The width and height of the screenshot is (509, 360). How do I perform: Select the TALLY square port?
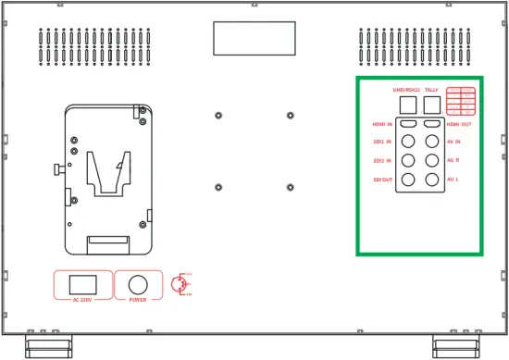pos(431,104)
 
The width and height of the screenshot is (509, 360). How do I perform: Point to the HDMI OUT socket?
pos(431,123)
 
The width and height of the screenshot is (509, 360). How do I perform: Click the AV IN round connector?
pos(431,142)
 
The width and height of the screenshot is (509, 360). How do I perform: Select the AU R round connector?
pos(431,160)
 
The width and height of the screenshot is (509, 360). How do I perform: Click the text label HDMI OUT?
pos(460,124)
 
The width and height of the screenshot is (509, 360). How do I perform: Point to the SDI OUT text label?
pos(382,179)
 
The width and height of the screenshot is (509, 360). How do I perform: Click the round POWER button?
pos(139,284)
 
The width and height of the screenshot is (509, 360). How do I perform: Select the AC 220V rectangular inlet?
pos(84,283)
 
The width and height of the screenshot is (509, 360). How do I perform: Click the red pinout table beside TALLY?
pos(461,100)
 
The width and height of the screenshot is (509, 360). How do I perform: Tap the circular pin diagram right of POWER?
pos(180,284)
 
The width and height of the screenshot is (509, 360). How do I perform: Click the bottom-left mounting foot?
pos(46,347)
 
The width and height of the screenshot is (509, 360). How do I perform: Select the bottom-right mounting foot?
pos(458,347)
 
